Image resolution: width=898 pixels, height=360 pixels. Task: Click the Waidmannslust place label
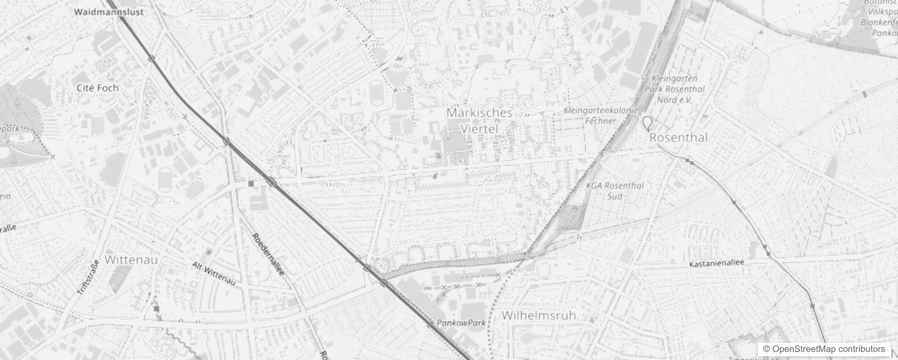(109, 12)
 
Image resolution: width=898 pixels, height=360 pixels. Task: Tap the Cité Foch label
(98, 88)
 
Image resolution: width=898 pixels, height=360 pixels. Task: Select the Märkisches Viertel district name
(479, 121)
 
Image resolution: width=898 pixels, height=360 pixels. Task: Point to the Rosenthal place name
(678, 138)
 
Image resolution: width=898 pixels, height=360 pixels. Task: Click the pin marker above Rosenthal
(647, 123)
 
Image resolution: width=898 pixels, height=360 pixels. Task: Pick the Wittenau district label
(131, 260)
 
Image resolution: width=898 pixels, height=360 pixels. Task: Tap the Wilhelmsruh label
(539, 315)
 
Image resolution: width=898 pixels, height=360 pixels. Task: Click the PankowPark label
(461, 323)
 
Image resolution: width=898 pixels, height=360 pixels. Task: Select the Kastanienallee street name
(717, 263)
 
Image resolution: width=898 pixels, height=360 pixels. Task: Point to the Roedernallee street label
(268, 254)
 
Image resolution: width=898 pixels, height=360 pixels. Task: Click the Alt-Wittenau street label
(214, 274)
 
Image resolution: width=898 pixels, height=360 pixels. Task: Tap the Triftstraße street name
(88, 278)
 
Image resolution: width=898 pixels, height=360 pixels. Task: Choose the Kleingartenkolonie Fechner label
(601, 116)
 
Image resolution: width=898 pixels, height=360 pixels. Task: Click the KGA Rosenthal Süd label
(615, 191)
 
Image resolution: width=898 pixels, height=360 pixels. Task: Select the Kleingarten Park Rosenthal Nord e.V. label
(674, 89)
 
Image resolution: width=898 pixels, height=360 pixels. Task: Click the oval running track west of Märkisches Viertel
(376, 93)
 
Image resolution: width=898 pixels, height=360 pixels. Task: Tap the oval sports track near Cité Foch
(165, 180)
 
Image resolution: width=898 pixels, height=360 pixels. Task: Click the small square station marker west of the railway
(251, 184)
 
